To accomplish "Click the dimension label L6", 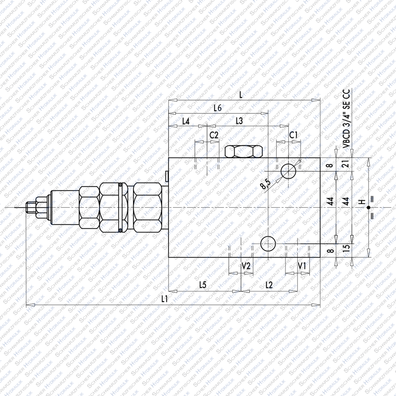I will (218, 108).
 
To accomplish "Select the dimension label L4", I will (186, 121).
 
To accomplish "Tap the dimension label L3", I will (239, 121).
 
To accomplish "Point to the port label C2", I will (214, 135).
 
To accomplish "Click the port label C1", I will (294, 135).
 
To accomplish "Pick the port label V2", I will (246, 266).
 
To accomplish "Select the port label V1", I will (302, 266).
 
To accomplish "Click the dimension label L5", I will (203, 285).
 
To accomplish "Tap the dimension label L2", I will (269, 285).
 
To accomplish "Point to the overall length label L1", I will (164, 299).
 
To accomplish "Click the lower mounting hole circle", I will (268, 244).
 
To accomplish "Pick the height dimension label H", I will (361, 202).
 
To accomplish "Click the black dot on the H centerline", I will (368, 207).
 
